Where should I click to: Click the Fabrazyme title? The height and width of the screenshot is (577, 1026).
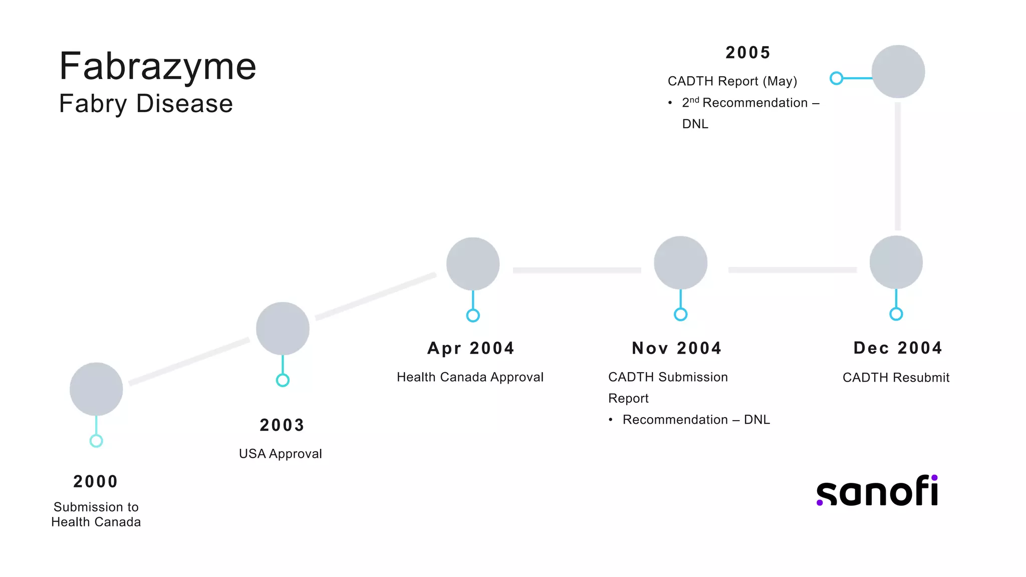pos(158,67)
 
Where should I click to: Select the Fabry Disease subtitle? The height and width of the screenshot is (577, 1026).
pos(146,104)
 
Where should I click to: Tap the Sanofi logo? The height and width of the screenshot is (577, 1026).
pos(877,491)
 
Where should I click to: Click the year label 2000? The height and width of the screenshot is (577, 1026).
pos(96,481)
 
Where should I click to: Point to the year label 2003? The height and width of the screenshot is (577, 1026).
pos(282,425)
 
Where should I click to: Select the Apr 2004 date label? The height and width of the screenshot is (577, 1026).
pos(471,348)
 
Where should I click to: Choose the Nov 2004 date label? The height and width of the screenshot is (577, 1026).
pos(677,348)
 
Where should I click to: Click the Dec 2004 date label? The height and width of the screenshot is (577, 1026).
pos(898,348)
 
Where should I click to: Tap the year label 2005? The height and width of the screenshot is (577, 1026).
pos(748,53)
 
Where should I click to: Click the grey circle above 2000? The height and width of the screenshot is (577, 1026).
pos(96,389)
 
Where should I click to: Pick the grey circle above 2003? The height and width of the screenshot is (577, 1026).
pos(283,329)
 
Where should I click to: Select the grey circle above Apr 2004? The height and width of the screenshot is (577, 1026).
pos(473,264)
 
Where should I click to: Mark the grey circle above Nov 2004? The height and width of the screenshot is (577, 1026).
pos(680,263)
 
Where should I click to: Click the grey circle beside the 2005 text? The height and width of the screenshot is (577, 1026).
pos(898,72)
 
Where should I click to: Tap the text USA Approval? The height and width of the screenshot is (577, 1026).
pos(281,454)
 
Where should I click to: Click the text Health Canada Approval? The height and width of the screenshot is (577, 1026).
pos(470,377)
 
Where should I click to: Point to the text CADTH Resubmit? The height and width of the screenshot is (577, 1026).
pos(896,378)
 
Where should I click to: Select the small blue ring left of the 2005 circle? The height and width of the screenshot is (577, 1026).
pos(836,78)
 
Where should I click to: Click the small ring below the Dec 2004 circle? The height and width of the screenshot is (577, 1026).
pos(896,314)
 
